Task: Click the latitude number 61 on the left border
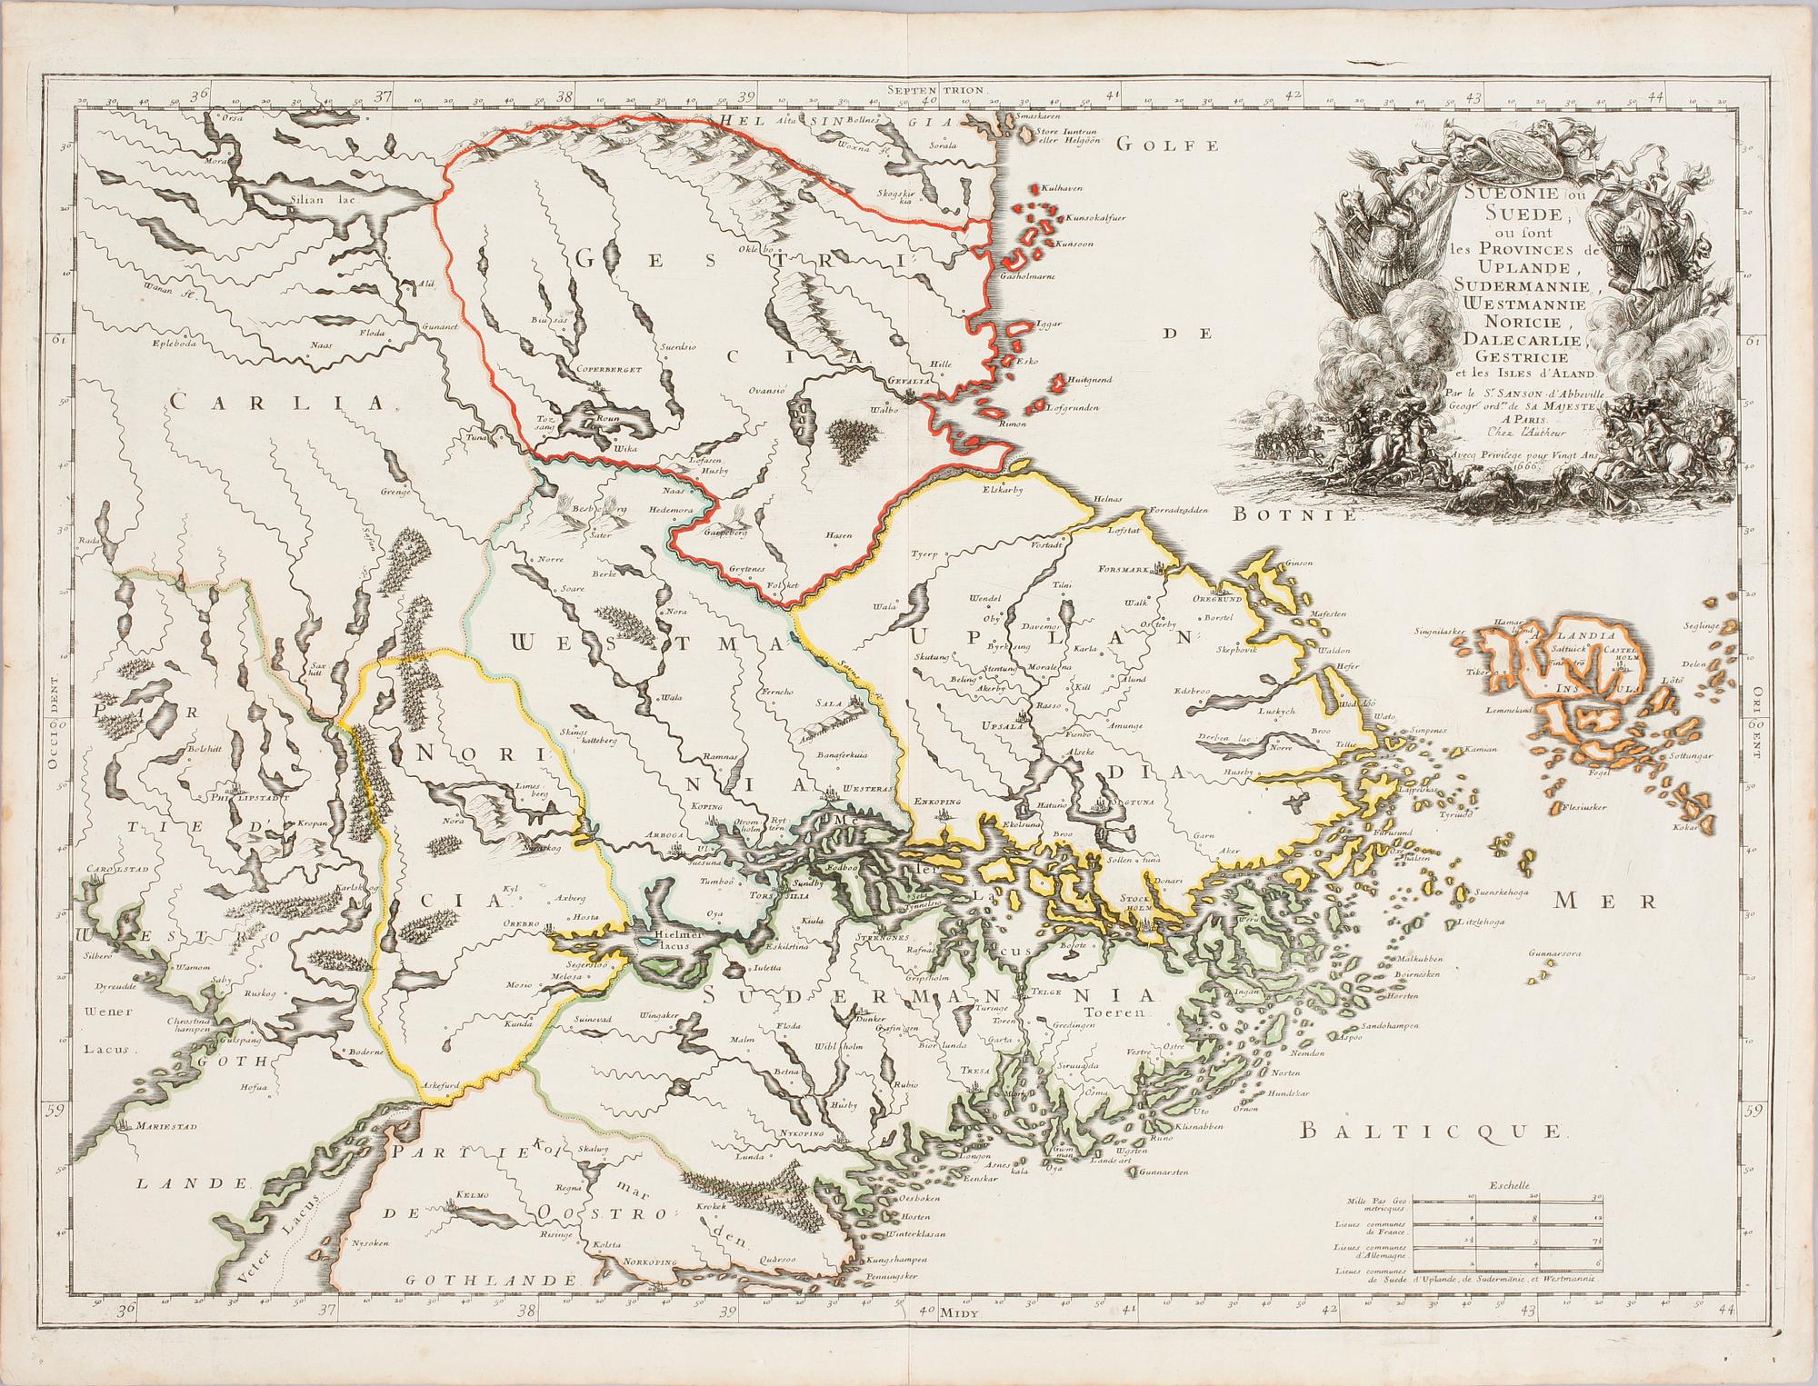coord(60,342)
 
